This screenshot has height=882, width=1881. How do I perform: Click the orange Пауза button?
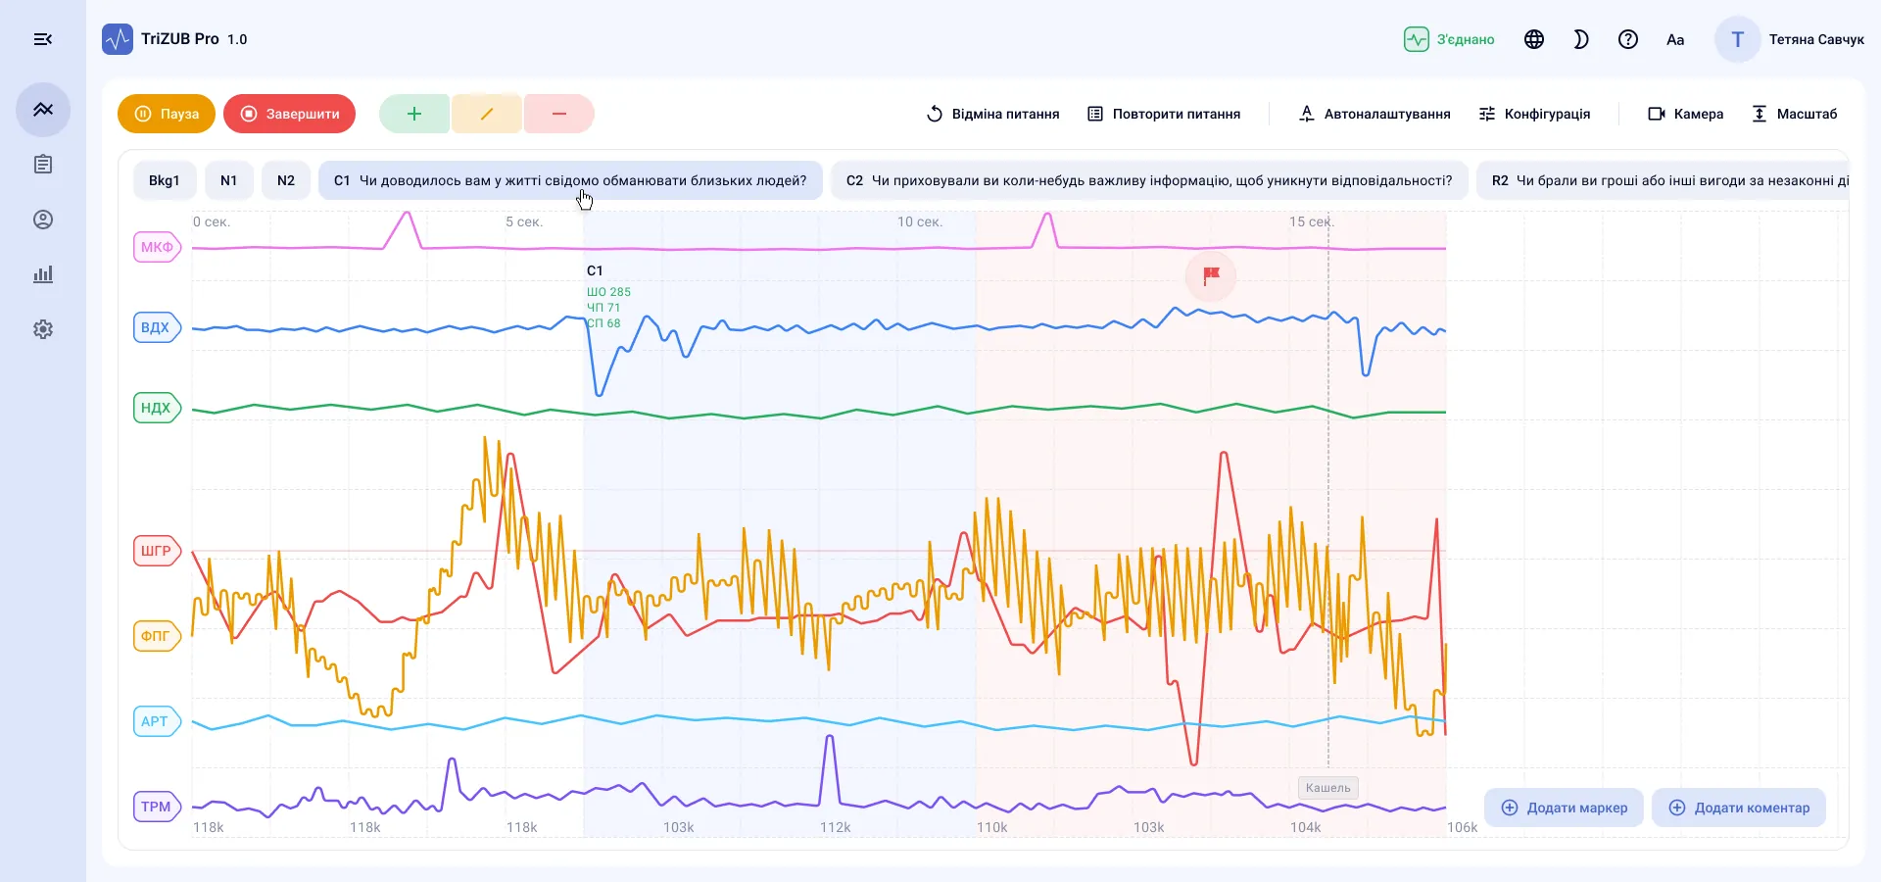tap(166, 114)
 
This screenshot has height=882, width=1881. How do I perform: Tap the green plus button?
tap(414, 114)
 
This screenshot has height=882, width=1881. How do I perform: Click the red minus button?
tap(559, 114)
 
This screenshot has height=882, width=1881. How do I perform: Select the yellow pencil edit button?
tap(487, 114)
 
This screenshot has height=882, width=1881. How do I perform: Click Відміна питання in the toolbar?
tap(992, 114)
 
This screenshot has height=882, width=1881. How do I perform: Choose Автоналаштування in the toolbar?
tap(1375, 114)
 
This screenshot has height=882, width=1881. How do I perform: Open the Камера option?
tap(1686, 114)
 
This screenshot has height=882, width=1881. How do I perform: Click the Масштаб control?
tap(1794, 114)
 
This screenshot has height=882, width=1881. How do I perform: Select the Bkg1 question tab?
tap(165, 180)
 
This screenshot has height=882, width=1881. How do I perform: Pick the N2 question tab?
tap(286, 180)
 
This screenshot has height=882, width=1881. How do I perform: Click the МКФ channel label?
tap(157, 247)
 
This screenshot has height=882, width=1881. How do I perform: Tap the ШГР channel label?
tap(157, 551)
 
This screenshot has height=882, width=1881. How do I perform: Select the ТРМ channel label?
tap(157, 807)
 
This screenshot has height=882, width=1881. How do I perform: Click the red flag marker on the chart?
tap(1211, 275)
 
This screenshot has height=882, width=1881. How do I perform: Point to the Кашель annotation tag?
tap(1328, 788)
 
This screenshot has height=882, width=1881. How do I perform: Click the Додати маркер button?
tap(1564, 808)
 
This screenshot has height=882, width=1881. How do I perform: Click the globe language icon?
tap(1534, 39)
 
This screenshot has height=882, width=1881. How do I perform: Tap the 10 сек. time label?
tap(920, 221)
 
